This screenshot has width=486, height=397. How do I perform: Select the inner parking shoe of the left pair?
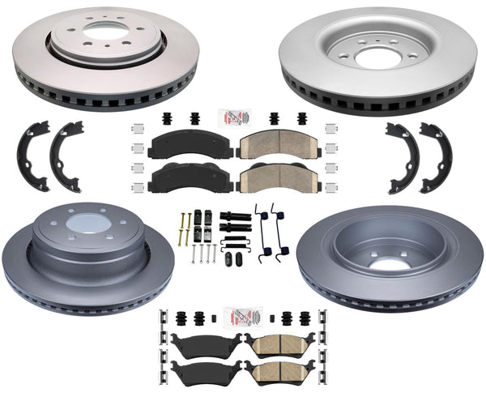(66, 154)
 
